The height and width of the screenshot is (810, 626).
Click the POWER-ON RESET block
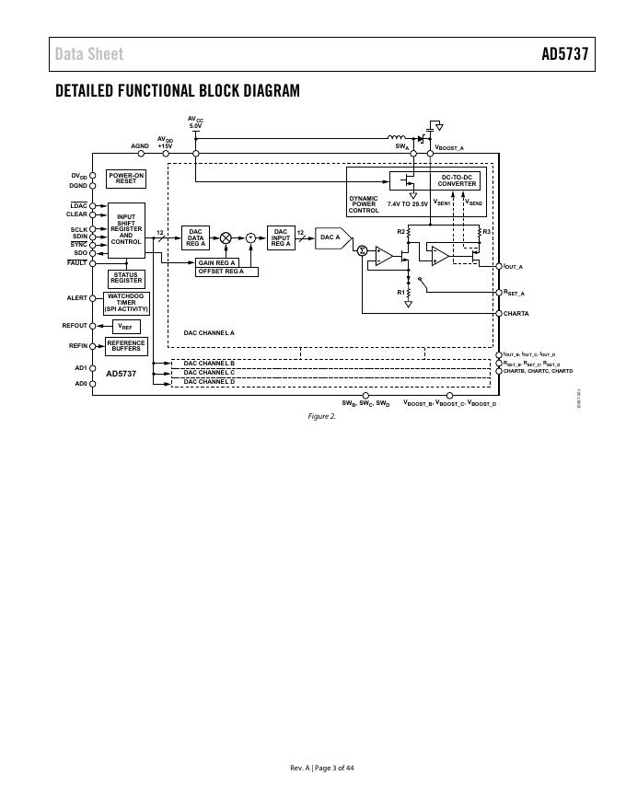[126, 179]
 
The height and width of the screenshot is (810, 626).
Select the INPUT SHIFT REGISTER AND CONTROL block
[126, 229]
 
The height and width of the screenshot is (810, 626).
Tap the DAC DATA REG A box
[195, 237]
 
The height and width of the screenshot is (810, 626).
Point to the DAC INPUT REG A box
[281, 237]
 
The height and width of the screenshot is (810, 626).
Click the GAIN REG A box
[217, 263]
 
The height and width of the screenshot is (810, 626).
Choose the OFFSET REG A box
[226, 272]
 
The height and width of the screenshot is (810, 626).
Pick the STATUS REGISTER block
[126, 278]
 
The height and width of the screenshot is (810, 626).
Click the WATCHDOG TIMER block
[126, 303]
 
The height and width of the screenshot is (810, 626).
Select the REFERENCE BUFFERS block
[126, 346]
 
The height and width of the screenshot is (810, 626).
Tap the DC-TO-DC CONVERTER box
[457, 180]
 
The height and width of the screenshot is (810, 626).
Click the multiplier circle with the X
[226, 237]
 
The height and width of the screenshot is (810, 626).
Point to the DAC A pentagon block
[331, 237]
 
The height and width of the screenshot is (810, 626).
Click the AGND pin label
[139, 145]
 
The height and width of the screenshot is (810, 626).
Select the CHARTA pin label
[516, 314]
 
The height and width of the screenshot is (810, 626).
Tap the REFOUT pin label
[75, 326]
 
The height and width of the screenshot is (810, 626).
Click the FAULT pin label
[76, 263]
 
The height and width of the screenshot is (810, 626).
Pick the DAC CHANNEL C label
[209, 372]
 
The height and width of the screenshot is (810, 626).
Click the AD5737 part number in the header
[563, 54]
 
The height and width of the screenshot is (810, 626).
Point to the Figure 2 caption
[321, 416]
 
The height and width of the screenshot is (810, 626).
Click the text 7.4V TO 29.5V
[408, 202]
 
